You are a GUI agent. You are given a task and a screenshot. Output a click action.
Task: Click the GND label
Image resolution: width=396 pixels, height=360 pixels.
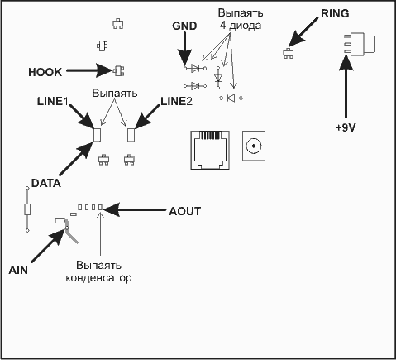[x=184, y=26]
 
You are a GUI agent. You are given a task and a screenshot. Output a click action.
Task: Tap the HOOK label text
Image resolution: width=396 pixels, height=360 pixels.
[x=45, y=72]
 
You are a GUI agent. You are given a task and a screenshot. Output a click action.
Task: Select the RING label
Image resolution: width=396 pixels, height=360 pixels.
[x=335, y=13]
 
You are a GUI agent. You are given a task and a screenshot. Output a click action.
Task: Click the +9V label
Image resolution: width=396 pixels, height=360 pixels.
[x=346, y=127]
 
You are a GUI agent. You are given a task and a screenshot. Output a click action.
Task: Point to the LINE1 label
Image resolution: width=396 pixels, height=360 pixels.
[x=53, y=102]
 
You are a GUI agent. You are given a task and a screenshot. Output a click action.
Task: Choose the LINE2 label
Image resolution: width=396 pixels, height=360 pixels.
[x=176, y=102]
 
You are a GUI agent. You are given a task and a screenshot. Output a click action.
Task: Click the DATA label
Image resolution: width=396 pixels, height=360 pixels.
[x=46, y=183]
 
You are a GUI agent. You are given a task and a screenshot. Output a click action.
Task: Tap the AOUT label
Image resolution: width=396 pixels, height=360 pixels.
[x=185, y=211]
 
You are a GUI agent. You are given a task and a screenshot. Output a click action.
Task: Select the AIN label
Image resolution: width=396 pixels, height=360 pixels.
[x=18, y=270]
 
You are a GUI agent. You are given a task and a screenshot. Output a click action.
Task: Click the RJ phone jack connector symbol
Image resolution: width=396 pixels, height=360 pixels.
[x=210, y=150]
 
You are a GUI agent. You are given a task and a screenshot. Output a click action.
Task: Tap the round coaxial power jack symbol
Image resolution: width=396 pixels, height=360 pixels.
[x=254, y=146]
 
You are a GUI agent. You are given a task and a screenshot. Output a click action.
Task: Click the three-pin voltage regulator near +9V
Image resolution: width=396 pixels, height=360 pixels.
[x=359, y=43]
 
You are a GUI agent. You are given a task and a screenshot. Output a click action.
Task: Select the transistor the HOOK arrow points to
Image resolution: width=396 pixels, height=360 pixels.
[x=119, y=71]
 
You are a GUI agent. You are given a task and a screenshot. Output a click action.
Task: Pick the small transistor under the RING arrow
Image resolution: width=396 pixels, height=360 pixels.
[x=288, y=53]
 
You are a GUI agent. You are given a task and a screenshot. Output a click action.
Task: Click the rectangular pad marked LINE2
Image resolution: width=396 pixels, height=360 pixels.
[x=131, y=135]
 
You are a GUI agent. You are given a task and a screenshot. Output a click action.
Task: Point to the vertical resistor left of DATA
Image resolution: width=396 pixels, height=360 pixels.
[x=27, y=209]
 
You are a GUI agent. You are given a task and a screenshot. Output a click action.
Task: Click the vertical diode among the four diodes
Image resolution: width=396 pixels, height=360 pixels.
[x=218, y=78]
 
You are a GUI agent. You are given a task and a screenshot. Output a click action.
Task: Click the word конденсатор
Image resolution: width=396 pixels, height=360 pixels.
[x=98, y=278]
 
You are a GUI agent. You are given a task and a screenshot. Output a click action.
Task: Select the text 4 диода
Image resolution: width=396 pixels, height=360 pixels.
[x=241, y=26]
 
